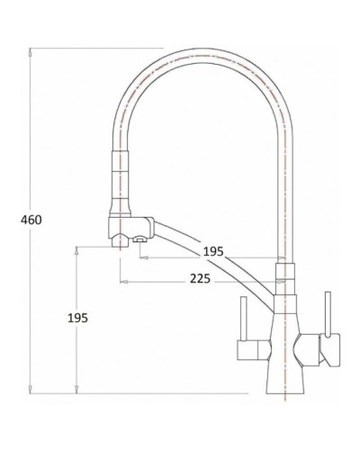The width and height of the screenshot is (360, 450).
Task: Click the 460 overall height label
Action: (30, 219)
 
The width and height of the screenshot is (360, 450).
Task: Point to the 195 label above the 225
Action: (212, 251)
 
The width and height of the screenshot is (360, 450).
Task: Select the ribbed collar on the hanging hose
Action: (119, 171)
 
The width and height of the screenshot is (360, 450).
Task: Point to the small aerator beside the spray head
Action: (139, 239)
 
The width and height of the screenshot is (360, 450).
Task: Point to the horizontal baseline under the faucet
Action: (180, 391)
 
